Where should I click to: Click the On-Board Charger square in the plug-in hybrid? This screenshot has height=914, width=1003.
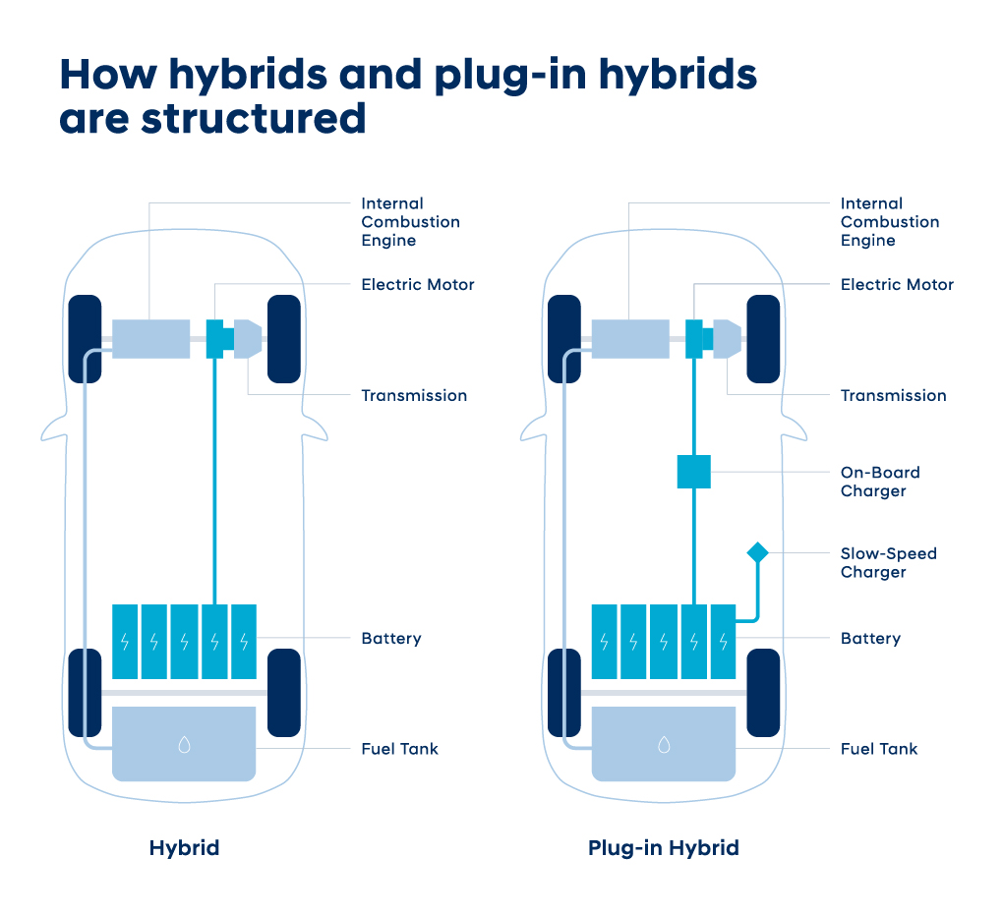(694, 472)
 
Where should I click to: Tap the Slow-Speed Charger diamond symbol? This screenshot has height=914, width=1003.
(758, 552)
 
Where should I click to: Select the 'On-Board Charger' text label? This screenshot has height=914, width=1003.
(880, 482)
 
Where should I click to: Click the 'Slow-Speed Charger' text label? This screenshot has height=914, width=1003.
(889, 562)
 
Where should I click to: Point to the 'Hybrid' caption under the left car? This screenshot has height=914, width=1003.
(184, 848)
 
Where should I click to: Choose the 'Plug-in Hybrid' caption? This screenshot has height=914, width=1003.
(664, 848)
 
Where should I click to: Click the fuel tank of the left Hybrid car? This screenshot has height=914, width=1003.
(184, 743)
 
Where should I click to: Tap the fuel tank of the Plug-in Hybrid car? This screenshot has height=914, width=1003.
(664, 743)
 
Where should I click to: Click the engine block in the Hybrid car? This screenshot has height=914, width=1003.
(151, 339)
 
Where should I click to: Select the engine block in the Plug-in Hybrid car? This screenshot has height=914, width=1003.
(630, 339)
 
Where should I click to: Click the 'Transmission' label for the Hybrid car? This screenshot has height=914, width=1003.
(414, 396)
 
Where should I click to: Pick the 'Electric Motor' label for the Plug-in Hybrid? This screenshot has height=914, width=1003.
(897, 284)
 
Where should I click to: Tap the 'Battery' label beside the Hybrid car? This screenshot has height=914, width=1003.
(391, 639)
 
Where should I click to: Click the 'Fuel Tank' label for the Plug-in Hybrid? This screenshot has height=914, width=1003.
(879, 749)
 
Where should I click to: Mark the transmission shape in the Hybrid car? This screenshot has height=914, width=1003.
(248, 339)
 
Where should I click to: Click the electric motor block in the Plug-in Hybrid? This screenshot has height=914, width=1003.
(697, 339)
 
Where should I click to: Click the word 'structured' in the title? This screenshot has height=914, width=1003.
(254, 119)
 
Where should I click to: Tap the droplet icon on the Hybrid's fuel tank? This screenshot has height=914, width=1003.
(184, 745)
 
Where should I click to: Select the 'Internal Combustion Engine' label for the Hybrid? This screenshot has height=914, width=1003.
(411, 222)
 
